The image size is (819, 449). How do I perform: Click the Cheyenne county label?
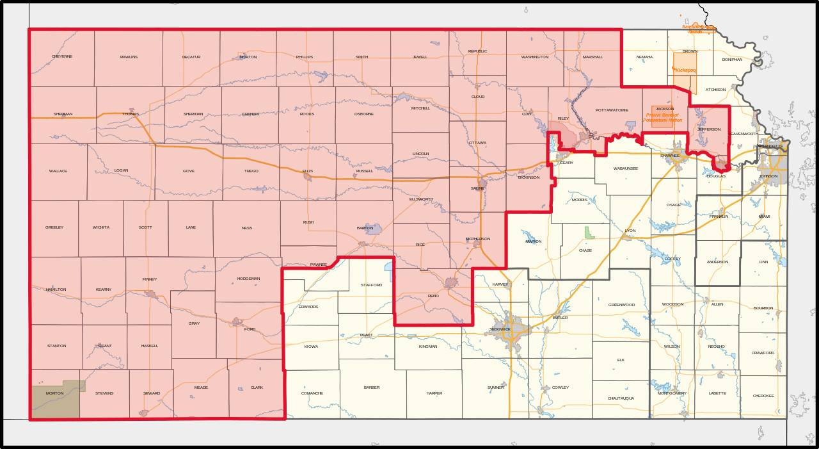pos(62,56)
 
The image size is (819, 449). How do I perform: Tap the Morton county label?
pos(54,393)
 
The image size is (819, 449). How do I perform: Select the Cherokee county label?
pos(763,396)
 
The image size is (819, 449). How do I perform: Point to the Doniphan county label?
pos(732,60)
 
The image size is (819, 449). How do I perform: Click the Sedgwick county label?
pos(500,329)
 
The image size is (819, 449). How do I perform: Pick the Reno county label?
pos(433,296)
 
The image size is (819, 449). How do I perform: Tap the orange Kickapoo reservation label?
pos(685,70)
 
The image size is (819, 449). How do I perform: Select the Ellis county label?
pos(308,171)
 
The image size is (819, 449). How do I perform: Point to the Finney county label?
pos(150,279)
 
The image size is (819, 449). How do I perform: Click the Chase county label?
pos(585,250)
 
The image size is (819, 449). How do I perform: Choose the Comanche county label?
pos(312,393)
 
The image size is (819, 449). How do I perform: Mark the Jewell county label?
pos(420,57)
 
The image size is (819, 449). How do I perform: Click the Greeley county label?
pos(54,227)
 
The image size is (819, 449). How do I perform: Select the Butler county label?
pos(560,318)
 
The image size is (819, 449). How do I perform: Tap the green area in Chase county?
pos(589,233)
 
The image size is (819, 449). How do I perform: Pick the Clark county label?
pos(257,388)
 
